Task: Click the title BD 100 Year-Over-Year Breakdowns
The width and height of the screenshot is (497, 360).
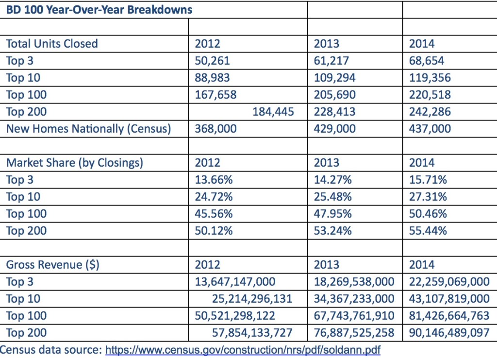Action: (x=99, y=10)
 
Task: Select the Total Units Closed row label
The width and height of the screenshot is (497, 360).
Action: (x=52, y=44)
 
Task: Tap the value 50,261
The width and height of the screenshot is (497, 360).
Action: (x=212, y=61)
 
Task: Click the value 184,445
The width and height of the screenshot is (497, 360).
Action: (x=273, y=112)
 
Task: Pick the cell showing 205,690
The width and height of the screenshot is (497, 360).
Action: (x=334, y=95)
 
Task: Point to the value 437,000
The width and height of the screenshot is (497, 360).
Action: (x=430, y=129)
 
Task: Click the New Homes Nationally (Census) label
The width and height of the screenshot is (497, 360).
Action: (x=88, y=129)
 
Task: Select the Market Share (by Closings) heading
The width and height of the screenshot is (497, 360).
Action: (x=74, y=163)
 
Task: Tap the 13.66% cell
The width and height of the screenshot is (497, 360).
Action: (x=214, y=180)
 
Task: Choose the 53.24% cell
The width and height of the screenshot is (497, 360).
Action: (x=332, y=231)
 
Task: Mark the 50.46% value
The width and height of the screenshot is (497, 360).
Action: (x=428, y=214)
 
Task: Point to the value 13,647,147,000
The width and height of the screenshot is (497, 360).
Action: (x=235, y=282)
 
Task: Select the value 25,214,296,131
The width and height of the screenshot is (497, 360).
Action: (x=252, y=299)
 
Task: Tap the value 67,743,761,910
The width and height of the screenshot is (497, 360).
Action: (x=354, y=316)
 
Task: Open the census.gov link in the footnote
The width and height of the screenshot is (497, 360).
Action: (x=242, y=349)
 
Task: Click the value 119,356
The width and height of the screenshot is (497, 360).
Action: (x=430, y=78)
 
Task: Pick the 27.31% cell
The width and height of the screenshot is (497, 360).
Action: (x=428, y=197)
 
